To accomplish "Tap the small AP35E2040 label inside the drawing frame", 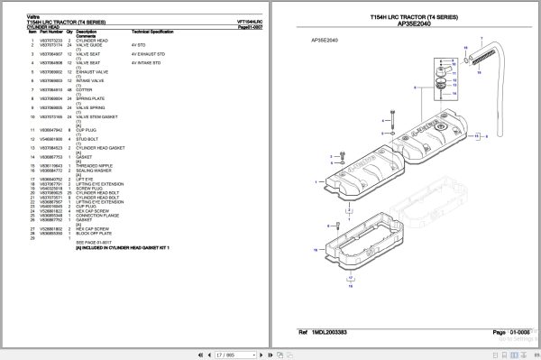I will [x=323, y=41].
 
